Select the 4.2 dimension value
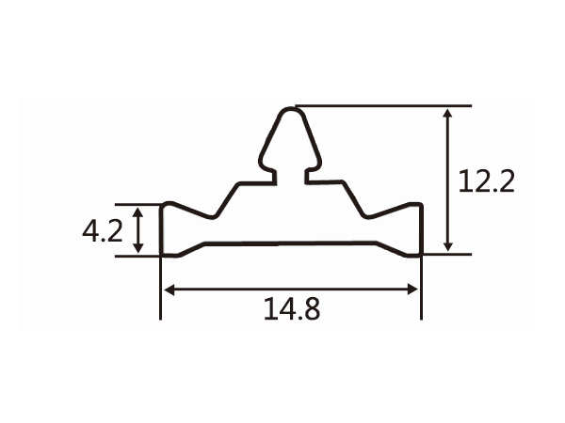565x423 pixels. [102, 230]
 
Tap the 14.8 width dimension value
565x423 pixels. [291, 307]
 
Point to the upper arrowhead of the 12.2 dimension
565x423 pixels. [449, 113]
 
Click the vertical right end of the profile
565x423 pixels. [420, 229]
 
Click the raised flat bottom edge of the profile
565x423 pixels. [291, 243]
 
